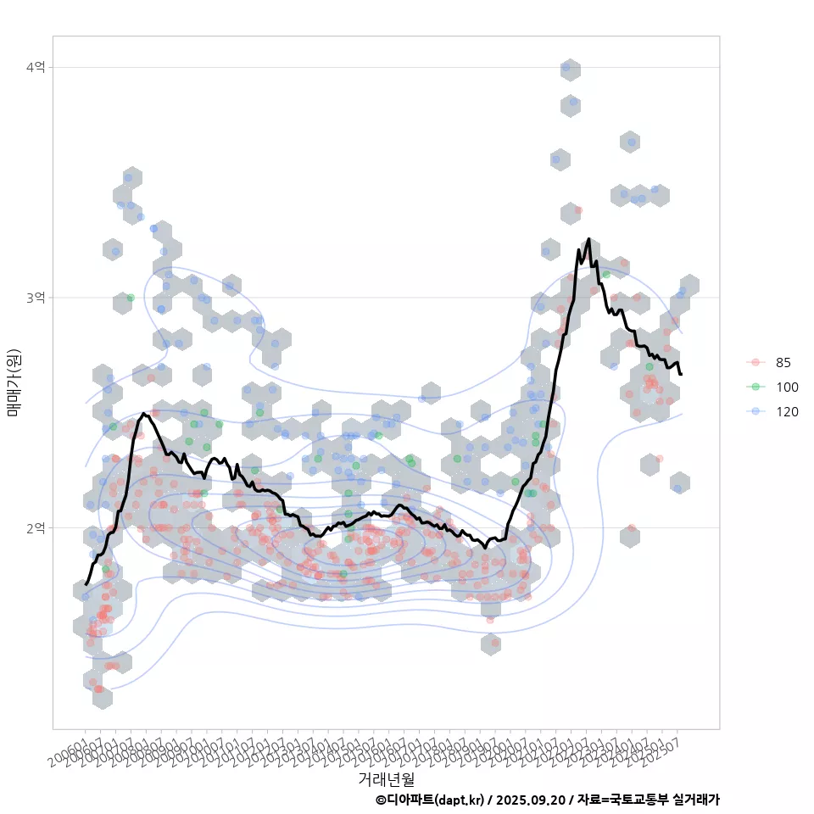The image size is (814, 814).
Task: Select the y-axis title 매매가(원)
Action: pyautogui.click(x=14, y=382)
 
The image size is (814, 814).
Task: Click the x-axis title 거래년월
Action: pyautogui.click(x=386, y=778)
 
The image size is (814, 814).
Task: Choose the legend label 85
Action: pyautogui.click(x=783, y=362)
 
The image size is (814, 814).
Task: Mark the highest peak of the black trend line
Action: pyautogui.click(x=588, y=239)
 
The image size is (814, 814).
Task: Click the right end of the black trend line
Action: pyautogui.click(x=681, y=374)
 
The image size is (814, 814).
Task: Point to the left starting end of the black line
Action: pyautogui.click(x=86, y=584)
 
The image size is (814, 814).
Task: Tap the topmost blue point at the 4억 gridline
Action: pyautogui.click(x=566, y=67)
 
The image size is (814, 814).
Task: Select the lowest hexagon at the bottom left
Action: pyautogui.click(x=102, y=698)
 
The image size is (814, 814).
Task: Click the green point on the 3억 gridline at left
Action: pyautogui.click(x=131, y=298)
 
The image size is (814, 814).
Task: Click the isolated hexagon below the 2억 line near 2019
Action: pyautogui.click(x=491, y=644)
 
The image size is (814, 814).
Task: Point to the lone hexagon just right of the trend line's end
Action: pyautogui.click(x=679, y=483)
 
